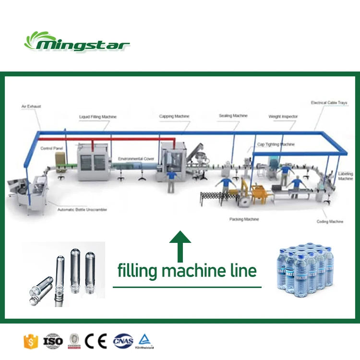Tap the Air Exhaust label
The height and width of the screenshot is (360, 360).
pos(31,106)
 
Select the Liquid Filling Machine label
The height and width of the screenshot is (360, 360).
pos(98,117)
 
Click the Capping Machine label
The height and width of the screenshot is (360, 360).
pos(174,116)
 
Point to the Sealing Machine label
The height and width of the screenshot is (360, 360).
pos(233,116)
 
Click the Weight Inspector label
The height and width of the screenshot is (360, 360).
pos(283,117)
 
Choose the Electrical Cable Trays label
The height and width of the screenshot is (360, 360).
pos(329,103)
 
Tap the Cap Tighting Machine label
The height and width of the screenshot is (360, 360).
pos(276,144)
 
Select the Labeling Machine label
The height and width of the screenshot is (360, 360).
pos(346,176)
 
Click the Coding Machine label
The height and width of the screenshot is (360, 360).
pos(330,222)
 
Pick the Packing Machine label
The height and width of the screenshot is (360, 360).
pos(244,219)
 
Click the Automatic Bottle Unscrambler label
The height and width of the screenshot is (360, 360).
pos(82,210)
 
